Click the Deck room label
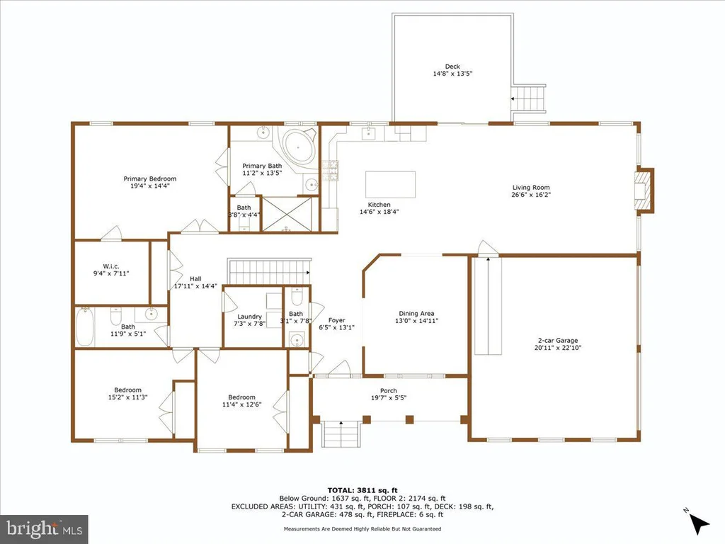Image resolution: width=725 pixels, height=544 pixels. click(452, 67)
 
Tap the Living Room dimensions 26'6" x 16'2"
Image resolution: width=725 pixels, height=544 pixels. click(531, 195)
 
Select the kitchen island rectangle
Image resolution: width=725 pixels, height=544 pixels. click(390, 185)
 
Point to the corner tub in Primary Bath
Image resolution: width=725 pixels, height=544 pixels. click(298, 146)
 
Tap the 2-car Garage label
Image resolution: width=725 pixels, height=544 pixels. click(558, 341)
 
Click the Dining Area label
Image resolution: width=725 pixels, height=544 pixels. click(416, 314)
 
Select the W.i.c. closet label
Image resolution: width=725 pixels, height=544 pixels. click(111, 266)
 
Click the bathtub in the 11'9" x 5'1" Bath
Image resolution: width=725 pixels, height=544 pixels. click(85, 327)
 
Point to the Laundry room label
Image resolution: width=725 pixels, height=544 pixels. click(250, 317)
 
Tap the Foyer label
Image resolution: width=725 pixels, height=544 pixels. click(336, 320)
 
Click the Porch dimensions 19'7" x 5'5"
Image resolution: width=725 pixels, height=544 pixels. click(389, 398)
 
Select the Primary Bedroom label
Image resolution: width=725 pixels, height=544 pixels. click(150, 179)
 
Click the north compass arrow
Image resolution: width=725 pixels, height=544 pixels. click(699, 524)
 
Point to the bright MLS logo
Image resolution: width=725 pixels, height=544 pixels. click(45, 528)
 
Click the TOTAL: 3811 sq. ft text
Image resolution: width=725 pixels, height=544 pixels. click(362, 490)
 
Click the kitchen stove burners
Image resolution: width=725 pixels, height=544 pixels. click(333, 170)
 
